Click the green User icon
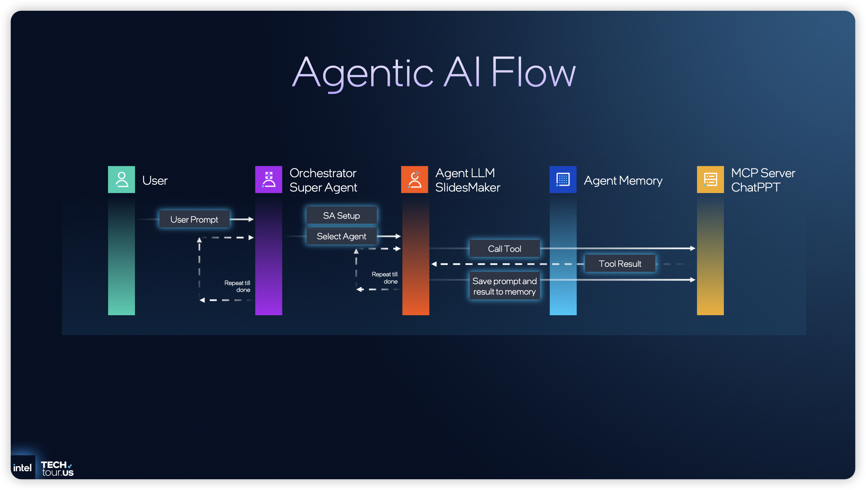pos(122,179)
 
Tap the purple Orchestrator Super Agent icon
pos(268,179)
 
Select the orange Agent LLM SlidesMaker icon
pos(414,179)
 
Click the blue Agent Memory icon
pos(563,179)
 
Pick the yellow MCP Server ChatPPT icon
pos(710,179)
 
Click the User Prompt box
pos(194,219)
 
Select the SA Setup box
pos(341,215)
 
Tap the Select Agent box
pos(341,236)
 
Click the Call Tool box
pos(504,249)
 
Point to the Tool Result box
pos(620,264)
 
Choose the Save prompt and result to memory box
pos(504,286)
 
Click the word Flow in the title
pos(533,72)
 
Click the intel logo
pos(22,468)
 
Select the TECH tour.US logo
pos(57,468)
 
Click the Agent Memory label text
pos(623,181)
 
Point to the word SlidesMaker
pos(467,187)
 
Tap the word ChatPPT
pos(755,187)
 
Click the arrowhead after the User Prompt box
pos(250,219)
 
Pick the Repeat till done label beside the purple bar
pos(238,286)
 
